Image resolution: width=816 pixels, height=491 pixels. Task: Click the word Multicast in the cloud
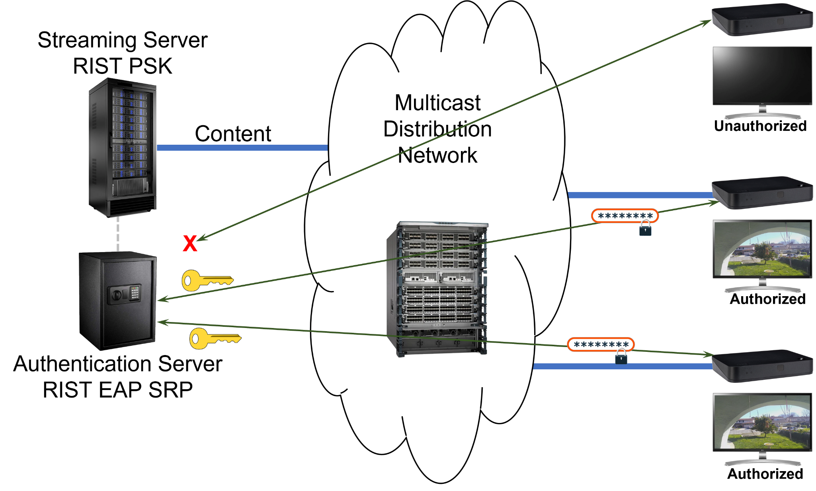437,103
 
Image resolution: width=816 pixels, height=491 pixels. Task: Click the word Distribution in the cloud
437,129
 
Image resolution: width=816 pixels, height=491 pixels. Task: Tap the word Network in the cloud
437,155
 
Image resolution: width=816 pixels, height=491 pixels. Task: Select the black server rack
122,147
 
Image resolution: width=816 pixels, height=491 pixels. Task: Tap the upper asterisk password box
625,216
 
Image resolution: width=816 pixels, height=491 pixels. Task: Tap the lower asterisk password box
601,345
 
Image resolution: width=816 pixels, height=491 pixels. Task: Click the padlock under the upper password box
645,229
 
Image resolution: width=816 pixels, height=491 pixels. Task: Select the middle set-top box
761,194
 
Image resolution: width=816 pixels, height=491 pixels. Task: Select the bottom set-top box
761,366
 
